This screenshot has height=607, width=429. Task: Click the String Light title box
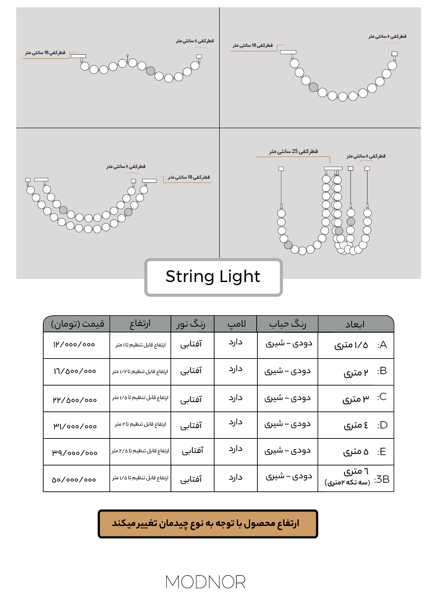coord(213,277)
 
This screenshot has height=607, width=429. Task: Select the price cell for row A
coord(74,345)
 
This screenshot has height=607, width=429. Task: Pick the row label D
coord(382,425)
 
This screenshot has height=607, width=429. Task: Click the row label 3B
coord(382,479)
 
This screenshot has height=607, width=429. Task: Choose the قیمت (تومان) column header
coord(77,324)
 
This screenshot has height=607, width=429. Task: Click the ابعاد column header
coord(355,324)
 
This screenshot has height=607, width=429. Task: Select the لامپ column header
coord(236,324)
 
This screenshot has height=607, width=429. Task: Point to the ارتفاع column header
coord(140,324)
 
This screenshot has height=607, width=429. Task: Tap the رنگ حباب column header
coord(287,324)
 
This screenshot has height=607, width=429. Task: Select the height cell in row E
coord(140,451)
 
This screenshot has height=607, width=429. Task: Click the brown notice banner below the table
coord(208,524)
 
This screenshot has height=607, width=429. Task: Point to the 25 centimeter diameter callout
coord(293,152)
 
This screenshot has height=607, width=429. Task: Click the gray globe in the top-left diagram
coord(150,71)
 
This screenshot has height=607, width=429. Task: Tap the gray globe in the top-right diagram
coord(313,87)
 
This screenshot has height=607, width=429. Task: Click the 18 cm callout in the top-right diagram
coord(253,45)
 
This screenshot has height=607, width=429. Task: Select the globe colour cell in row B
coord(287,371)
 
